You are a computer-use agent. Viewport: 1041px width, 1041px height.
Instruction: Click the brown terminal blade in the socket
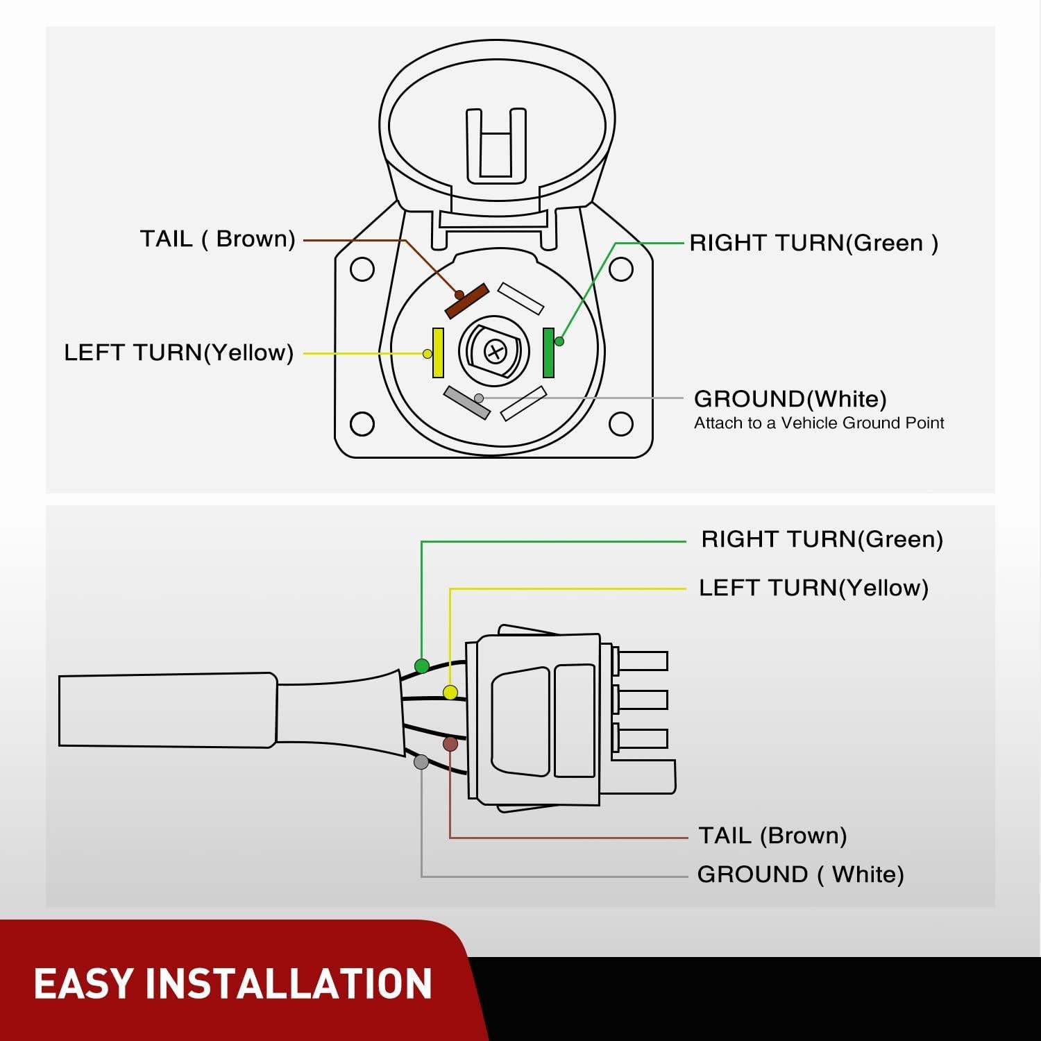click(x=467, y=301)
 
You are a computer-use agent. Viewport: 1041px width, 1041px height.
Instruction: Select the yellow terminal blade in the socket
click(x=438, y=353)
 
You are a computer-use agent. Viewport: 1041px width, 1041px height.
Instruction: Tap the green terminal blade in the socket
click(x=549, y=353)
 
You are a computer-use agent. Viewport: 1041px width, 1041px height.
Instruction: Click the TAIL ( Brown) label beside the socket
click(x=217, y=239)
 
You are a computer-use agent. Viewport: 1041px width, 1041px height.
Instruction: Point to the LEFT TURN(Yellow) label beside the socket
click(x=178, y=353)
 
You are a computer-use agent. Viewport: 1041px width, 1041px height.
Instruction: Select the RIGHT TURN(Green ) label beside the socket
click(x=813, y=243)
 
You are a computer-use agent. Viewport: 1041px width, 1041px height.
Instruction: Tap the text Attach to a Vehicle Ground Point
click(x=819, y=423)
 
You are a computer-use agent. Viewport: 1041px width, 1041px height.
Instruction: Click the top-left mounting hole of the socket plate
click(x=362, y=269)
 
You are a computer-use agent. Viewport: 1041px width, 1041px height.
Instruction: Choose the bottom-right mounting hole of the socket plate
click(x=620, y=423)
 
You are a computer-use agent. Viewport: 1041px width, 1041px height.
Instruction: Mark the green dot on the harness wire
click(x=421, y=666)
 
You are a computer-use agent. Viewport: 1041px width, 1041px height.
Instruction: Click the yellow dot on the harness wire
click(x=450, y=693)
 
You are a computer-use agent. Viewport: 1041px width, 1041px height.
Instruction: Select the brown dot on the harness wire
click(x=450, y=745)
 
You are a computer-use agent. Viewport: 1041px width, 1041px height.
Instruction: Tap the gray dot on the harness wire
click(x=421, y=762)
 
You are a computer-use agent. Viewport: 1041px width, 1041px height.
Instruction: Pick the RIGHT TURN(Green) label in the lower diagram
click(x=822, y=539)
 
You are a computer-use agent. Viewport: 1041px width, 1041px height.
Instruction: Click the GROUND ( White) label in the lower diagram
click(x=800, y=874)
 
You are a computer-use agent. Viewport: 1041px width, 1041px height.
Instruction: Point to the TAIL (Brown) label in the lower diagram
click(x=772, y=836)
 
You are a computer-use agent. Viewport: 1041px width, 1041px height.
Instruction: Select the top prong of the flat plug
click(x=643, y=661)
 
